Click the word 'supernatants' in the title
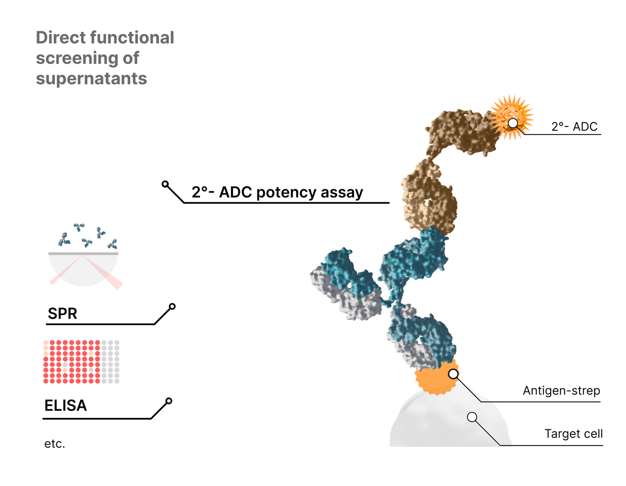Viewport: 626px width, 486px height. pos(91,79)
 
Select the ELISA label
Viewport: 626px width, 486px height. pos(65,405)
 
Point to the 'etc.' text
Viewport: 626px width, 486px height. pos(54,444)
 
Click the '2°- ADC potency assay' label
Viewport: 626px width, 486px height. pos(277,192)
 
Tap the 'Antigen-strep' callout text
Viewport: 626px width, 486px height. pos(561,391)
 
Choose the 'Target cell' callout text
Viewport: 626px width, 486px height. pos(573,434)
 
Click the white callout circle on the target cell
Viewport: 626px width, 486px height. pos(472,417)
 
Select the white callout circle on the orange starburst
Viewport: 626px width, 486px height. pos(513,123)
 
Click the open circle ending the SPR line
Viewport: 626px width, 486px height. pos(172,306)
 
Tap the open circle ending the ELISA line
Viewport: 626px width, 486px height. pos(169,401)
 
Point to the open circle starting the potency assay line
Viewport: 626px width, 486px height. pos(165,184)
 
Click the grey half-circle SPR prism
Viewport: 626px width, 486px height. pos(83,270)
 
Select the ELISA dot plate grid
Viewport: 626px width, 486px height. pos(81,361)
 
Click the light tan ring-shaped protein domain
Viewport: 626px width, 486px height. pos(429,198)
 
